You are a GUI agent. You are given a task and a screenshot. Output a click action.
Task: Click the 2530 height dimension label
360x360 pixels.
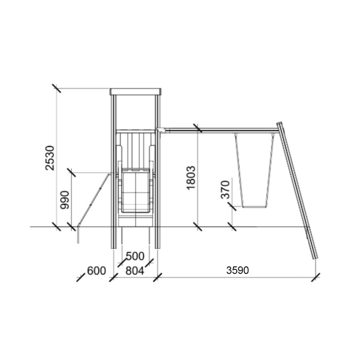50,158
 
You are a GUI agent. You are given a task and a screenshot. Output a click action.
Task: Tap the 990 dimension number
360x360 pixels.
64,200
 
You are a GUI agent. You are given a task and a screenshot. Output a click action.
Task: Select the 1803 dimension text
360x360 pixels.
191,178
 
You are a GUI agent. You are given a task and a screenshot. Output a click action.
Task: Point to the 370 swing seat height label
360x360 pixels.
225,190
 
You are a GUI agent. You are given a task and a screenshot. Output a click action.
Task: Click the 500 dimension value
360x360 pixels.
135,256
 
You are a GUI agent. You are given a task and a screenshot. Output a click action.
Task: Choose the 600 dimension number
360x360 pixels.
96,271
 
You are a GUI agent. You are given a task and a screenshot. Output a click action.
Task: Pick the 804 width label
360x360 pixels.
135,271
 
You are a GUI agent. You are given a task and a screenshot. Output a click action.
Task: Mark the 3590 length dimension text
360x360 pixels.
237,270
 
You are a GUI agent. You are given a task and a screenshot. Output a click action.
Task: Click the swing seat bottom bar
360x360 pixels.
254,207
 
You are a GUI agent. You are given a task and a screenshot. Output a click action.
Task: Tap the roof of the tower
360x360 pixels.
136,92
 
